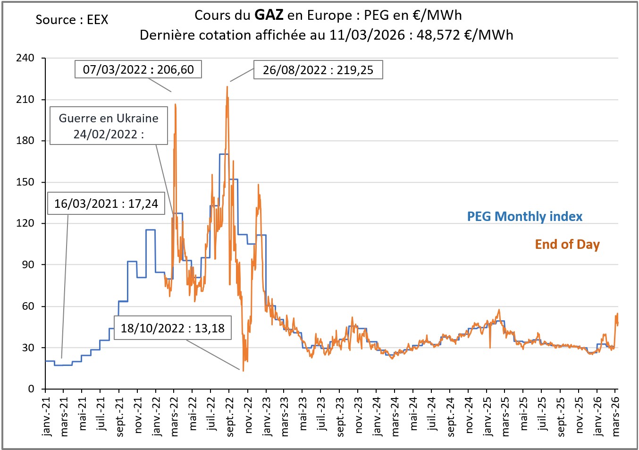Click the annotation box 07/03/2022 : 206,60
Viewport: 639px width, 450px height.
pos(138,69)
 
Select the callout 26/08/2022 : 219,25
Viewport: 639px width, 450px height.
pos(318,70)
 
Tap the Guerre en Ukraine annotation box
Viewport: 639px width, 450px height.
pos(109,126)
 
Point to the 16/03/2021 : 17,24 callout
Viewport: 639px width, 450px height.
pos(106,204)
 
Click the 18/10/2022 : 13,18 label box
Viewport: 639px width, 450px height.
pos(173,328)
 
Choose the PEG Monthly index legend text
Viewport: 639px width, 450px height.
pos(524,216)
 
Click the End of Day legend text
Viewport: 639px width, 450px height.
pos(567,244)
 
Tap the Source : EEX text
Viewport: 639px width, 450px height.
pos(72,20)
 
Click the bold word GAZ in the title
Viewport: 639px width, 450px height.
pos(269,15)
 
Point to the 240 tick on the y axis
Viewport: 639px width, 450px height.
pos(25,58)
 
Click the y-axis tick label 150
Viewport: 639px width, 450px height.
pos(25,182)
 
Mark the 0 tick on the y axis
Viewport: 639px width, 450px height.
pos(31,389)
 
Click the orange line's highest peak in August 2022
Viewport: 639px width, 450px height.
pos(227,86)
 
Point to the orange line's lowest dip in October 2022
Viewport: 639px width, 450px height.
pos(244,370)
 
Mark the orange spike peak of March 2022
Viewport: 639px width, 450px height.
pos(176,104)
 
